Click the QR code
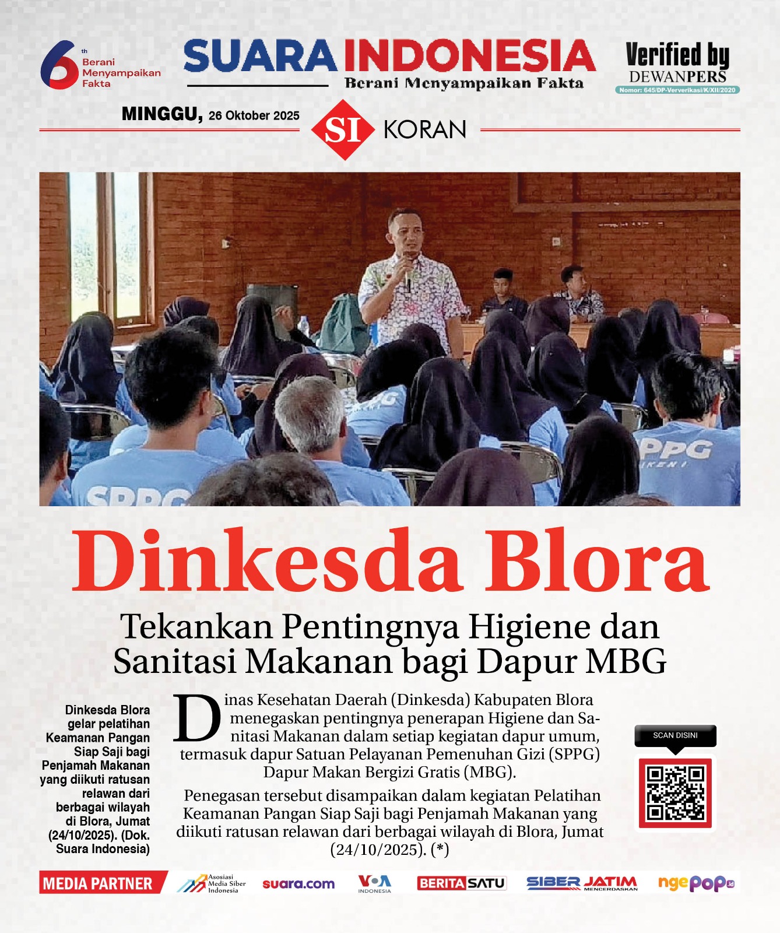675,793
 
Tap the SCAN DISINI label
675,735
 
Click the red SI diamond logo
343,129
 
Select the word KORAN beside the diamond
425,129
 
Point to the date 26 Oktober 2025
254,115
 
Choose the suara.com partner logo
298,884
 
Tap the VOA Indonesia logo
374,883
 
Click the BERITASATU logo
461,883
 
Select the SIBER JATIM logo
582,883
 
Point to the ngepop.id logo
695,883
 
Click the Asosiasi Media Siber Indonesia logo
212,883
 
